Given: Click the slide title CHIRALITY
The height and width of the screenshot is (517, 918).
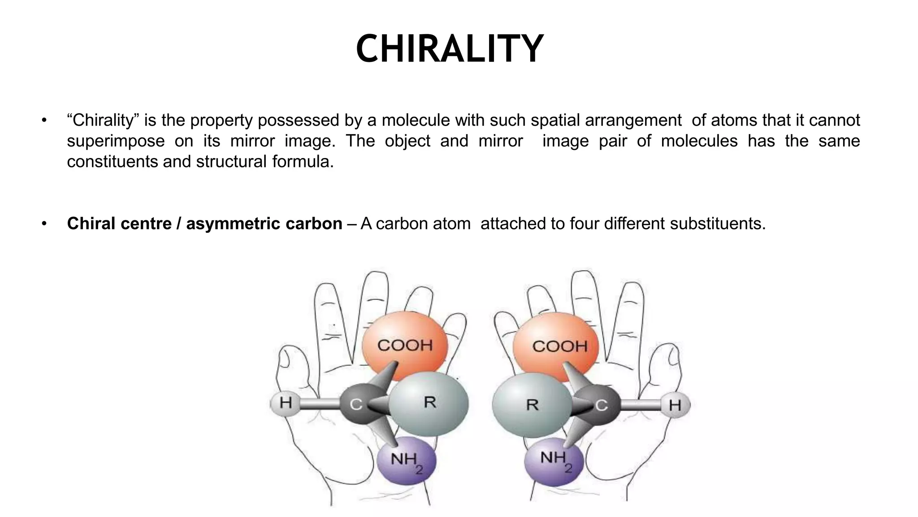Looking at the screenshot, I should point(450,49).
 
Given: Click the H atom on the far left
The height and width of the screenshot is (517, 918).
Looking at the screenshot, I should point(286,403).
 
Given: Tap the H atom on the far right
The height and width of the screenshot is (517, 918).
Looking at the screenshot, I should point(675,405).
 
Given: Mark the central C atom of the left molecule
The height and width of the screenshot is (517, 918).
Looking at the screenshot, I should point(356,404).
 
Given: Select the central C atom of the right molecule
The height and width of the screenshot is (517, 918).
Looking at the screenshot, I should point(601,405).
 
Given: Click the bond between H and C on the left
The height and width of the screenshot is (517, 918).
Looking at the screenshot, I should point(319,403).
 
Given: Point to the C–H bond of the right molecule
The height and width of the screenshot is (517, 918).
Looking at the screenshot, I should point(641,405).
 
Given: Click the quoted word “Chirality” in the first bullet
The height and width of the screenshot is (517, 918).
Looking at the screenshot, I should point(103,120).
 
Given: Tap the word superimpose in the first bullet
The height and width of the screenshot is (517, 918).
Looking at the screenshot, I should point(116,141).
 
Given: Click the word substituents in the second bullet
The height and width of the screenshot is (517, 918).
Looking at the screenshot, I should point(717,223).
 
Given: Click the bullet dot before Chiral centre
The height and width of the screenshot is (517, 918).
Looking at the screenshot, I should point(44,223).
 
